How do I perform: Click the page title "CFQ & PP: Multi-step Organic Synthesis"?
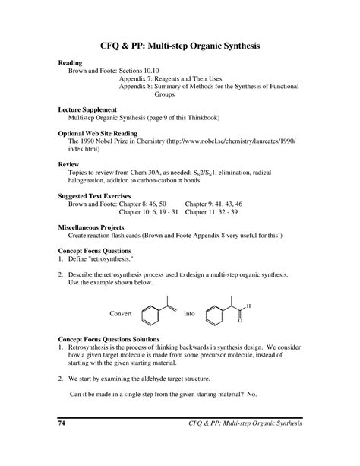tap(180, 47)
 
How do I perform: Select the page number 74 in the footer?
tap(62, 423)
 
